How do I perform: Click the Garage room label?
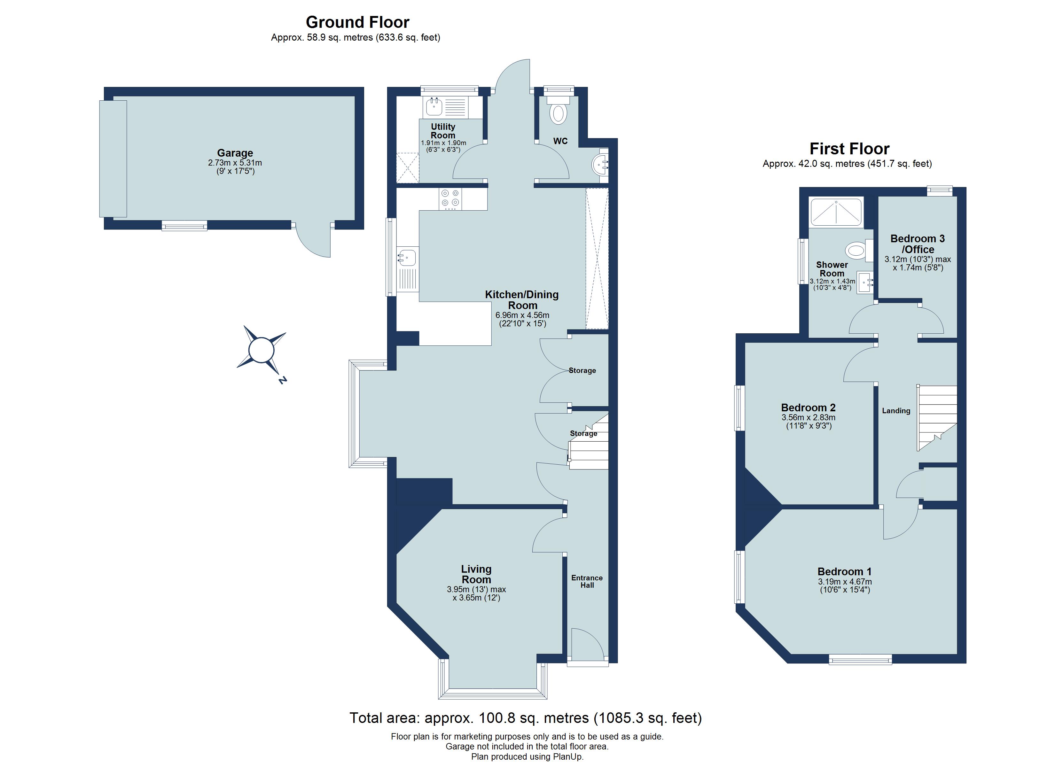[x=235, y=153]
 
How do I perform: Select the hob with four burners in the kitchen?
[x=450, y=198]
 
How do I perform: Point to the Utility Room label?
[x=443, y=131]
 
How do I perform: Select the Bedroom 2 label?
[x=808, y=407]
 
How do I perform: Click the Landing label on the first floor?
[x=896, y=411]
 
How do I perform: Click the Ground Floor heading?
[x=357, y=22]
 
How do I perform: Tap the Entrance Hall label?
[x=587, y=581]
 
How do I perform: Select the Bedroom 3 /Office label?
[x=917, y=244]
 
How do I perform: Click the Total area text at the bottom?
[x=525, y=718]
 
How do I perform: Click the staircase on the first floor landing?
[x=936, y=416]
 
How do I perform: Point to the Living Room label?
[x=476, y=574]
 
